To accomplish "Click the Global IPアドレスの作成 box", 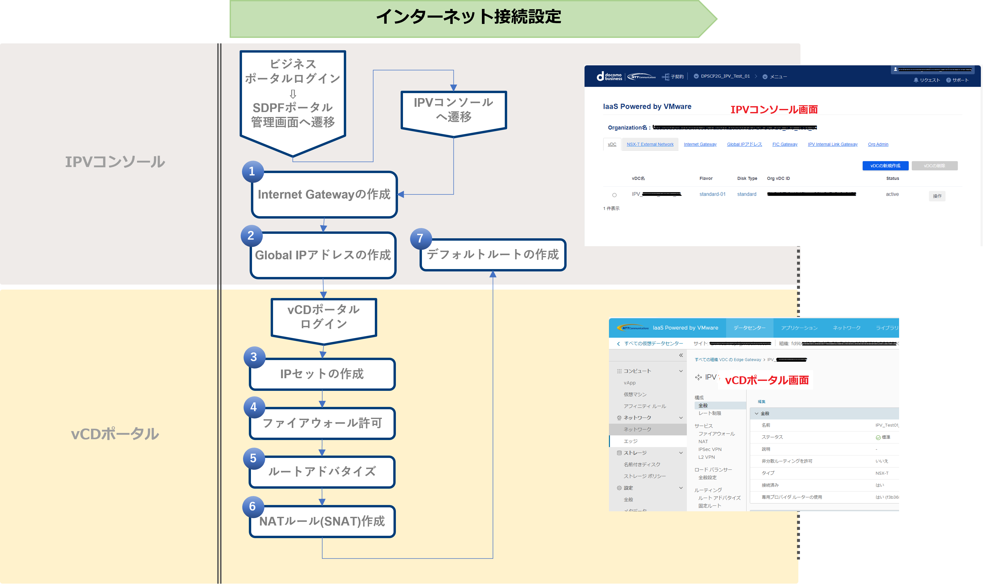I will [x=323, y=255].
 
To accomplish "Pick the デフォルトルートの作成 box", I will [x=493, y=255].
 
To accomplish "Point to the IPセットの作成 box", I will [x=322, y=374].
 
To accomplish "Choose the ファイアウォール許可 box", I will [x=322, y=423].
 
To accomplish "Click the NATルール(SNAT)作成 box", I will [x=322, y=521].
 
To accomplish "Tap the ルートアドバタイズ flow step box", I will [x=322, y=472].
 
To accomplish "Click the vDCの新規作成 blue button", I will [x=885, y=166].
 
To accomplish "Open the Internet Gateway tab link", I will [x=700, y=144].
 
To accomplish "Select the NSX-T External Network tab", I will [x=650, y=144].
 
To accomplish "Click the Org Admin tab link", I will [x=878, y=144].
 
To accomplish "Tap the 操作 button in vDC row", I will [x=937, y=196].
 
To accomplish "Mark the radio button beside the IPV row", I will [x=614, y=195].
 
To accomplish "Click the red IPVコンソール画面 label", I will [x=774, y=110].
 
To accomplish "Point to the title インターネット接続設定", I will [x=468, y=17].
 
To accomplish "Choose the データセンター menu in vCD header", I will [x=749, y=328].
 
